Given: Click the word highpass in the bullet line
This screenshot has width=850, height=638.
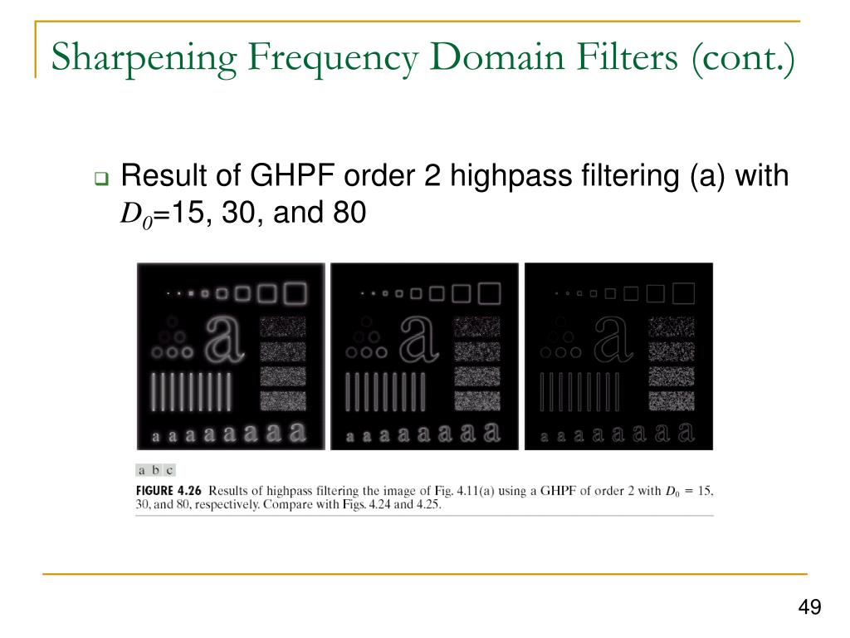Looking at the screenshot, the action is [x=491, y=176].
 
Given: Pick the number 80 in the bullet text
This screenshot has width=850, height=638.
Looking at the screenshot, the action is [x=349, y=213].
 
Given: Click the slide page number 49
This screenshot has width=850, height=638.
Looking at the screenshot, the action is [x=809, y=608].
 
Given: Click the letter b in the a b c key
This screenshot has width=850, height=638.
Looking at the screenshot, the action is [x=155, y=470].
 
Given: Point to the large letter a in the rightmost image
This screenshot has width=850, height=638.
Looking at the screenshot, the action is [x=613, y=340].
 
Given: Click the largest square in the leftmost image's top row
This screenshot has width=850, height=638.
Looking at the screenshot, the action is [x=294, y=292].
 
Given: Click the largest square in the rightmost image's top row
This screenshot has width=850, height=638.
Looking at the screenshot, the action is [x=682, y=292].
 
